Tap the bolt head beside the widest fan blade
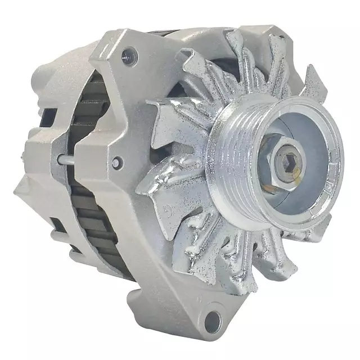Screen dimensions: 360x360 116,163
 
